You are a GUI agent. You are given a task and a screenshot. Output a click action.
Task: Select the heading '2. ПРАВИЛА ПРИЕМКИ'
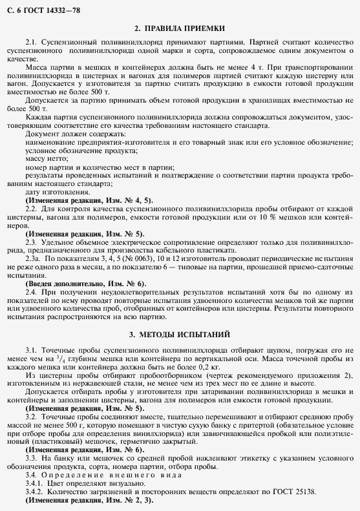pyautogui.click(x=180, y=28)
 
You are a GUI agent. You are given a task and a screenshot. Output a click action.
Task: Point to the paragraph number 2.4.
pyautogui.click(x=32, y=293)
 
